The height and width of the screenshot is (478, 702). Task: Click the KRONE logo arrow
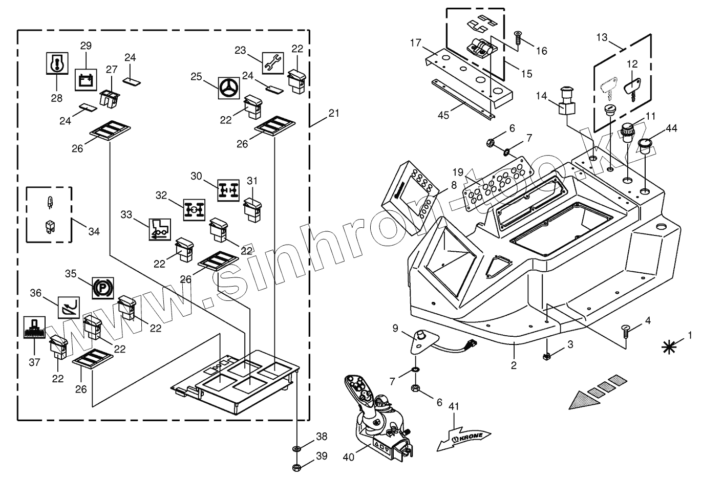pos(463,439)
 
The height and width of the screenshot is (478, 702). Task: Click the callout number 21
pos(334,113)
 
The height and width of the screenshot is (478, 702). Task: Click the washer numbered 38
pos(296,448)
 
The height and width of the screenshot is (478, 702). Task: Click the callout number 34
pos(94,231)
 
